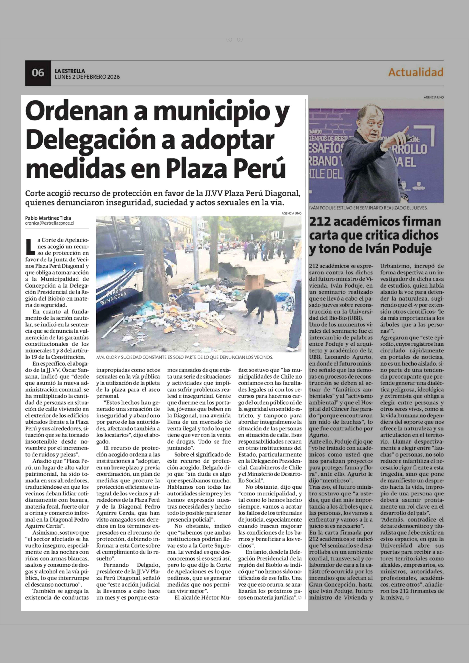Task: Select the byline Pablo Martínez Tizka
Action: [x=48, y=218]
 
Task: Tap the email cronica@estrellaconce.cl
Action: [x=49, y=223]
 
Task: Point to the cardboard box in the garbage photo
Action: [x=254, y=282]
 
